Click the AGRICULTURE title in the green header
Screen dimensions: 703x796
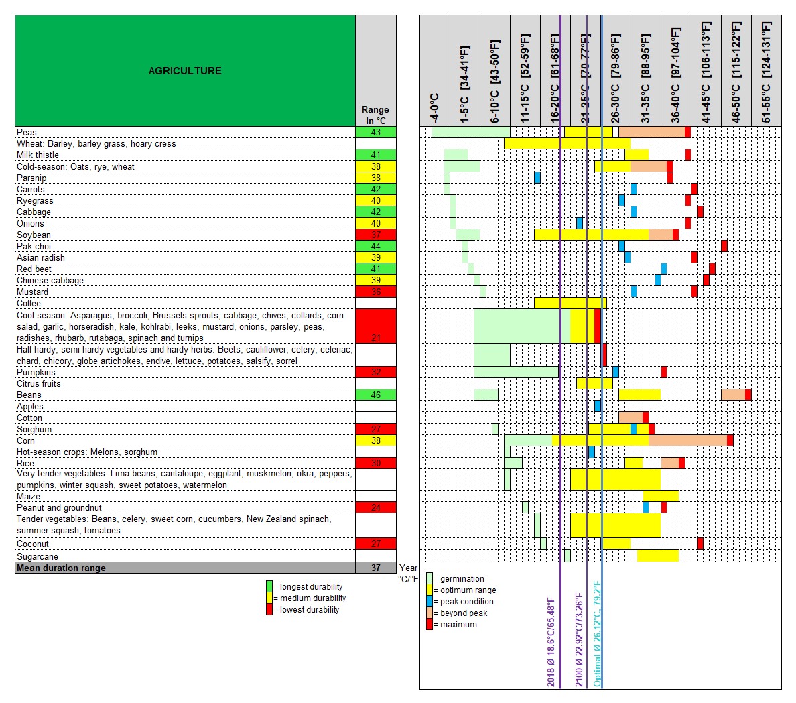click(x=185, y=71)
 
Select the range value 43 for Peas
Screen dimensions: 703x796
click(x=375, y=132)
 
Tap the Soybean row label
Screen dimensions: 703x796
click(x=34, y=235)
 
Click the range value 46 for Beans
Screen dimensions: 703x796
click(x=375, y=395)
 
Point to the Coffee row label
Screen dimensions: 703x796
click(x=29, y=303)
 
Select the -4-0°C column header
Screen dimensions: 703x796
click(x=434, y=107)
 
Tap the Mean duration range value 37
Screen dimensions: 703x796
click(x=375, y=568)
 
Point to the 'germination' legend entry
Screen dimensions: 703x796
click(x=462, y=579)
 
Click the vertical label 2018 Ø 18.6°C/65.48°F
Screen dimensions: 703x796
click(x=551, y=642)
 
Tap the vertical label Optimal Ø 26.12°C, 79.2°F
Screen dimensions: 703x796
click(x=597, y=633)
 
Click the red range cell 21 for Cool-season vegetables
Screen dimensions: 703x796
click(x=375, y=326)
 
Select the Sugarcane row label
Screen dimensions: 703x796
click(x=38, y=556)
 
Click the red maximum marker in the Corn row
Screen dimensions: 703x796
click(x=730, y=440)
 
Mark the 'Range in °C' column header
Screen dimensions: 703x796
click(x=375, y=115)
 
